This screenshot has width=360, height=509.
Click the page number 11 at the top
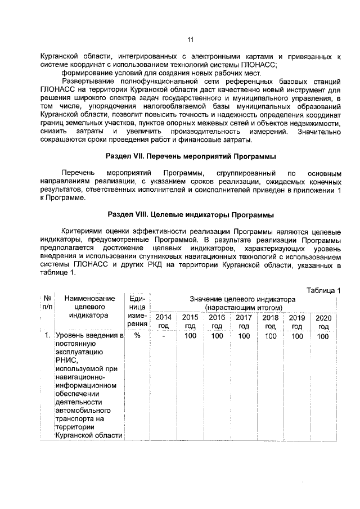point(190,39)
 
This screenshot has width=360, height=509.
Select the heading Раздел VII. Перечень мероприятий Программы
point(190,155)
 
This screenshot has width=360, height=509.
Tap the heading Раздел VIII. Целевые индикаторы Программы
point(190,215)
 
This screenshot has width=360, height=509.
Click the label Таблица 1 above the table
point(324,290)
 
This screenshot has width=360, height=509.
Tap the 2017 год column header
point(244,321)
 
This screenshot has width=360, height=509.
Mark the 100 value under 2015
point(190,336)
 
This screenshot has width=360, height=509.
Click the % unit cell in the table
point(137,336)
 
